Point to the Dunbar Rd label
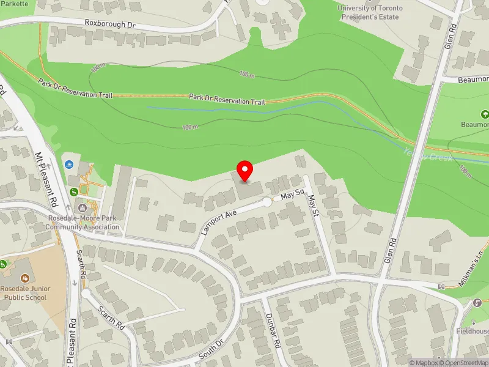tap(272, 331)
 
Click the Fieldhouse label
tap(472, 331)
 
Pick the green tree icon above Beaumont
tap(485, 114)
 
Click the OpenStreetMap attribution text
tap(463, 363)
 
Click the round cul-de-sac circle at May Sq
tap(267, 202)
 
